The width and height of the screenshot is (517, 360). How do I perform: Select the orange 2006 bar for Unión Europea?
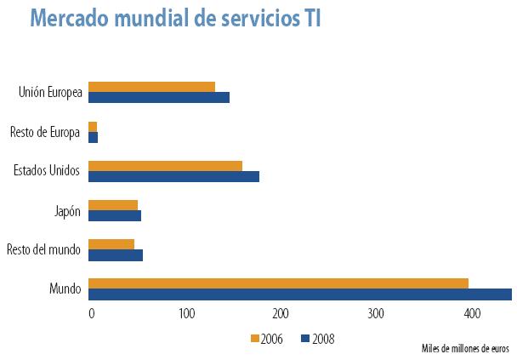(151, 86)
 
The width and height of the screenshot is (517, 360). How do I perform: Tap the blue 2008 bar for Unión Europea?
(158, 97)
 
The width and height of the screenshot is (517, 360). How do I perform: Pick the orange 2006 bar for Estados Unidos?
(165, 165)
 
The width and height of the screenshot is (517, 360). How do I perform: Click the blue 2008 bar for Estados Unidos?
(173, 176)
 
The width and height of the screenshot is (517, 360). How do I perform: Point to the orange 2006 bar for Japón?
(112, 204)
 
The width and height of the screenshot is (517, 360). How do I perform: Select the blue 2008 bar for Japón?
(114, 215)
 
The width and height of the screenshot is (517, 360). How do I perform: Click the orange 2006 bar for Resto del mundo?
(111, 244)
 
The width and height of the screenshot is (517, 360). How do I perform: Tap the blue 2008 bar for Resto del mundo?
(115, 254)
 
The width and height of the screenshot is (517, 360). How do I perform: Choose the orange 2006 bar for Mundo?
(278, 283)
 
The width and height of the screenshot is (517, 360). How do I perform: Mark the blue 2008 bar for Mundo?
(299, 294)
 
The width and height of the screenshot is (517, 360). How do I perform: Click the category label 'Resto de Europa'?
(45, 132)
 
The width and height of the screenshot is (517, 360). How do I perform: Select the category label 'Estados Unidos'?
(47, 171)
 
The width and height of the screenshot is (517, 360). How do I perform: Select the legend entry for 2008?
(317, 338)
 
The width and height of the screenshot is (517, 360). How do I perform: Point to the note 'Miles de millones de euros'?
(465, 349)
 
